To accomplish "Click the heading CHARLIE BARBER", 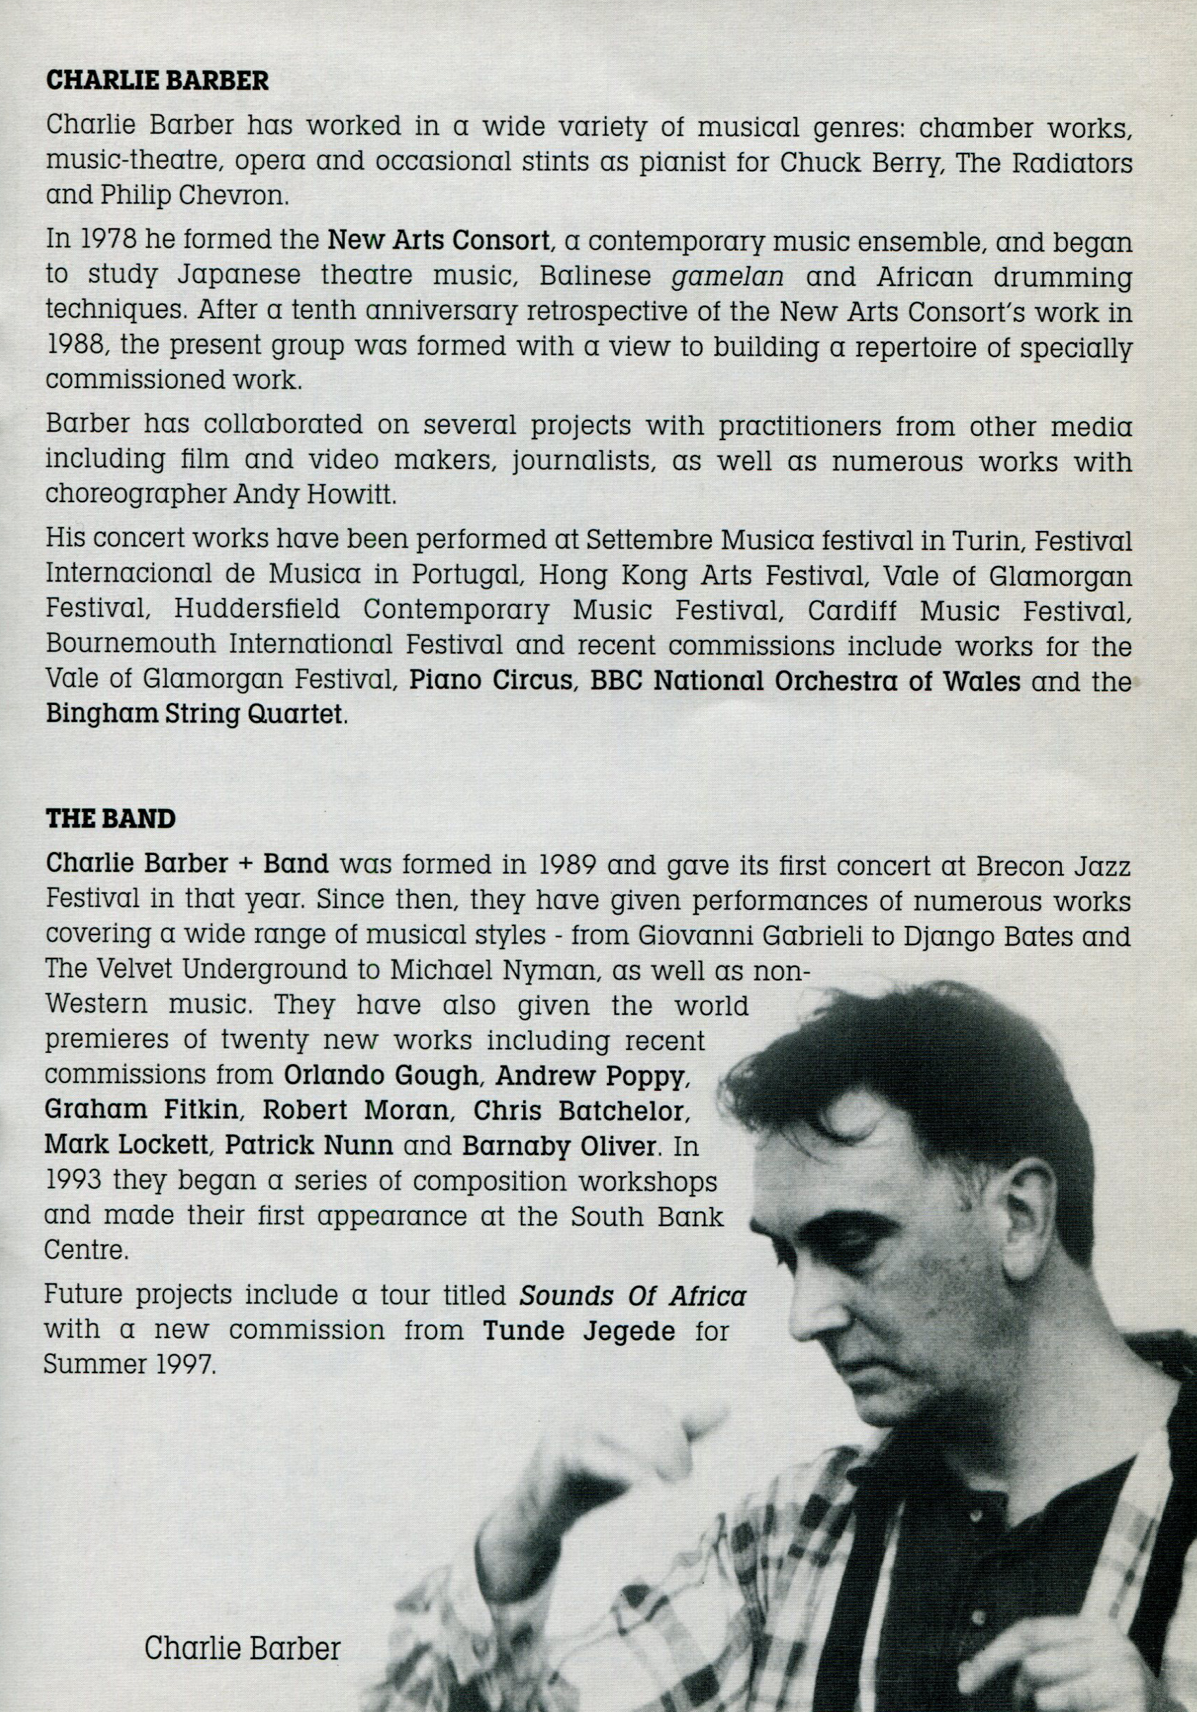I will point(157,80).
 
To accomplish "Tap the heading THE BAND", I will point(111,819).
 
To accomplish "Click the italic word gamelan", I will point(727,277).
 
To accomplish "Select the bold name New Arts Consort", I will point(438,241).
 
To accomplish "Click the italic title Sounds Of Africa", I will point(632,1296).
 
